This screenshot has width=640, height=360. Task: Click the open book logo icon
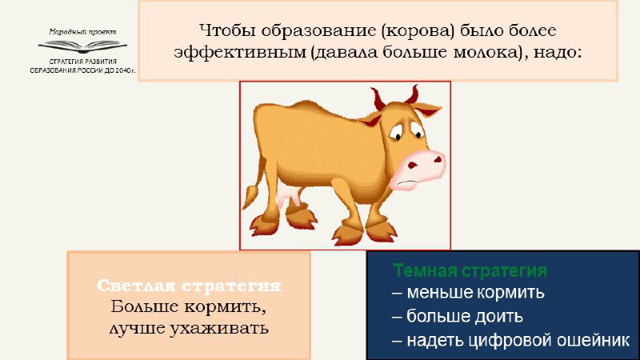click(x=83, y=46)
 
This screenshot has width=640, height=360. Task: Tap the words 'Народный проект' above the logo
click(x=83, y=32)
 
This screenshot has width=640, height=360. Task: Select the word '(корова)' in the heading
click(x=418, y=31)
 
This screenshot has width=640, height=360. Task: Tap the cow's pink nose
click(x=417, y=169)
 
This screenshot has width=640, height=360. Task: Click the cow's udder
click(x=289, y=198)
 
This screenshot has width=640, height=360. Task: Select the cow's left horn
click(x=378, y=98)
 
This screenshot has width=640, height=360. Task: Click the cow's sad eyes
click(x=406, y=130)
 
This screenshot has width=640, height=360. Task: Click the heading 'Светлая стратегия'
click(x=189, y=286)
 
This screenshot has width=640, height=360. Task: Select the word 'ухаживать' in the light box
click(x=218, y=329)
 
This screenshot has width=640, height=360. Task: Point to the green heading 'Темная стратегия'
click(x=470, y=270)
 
